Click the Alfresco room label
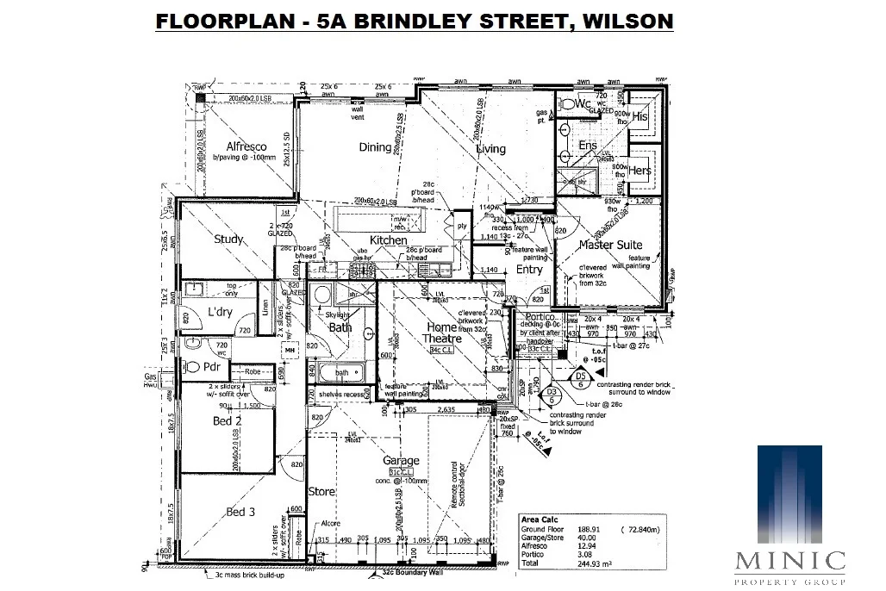click(246, 147)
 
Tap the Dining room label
click(375, 147)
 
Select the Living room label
click(491, 149)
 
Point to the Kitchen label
click(388, 240)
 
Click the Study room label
click(229, 240)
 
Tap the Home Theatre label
click(441, 333)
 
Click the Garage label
click(402, 461)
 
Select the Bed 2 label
click(228, 421)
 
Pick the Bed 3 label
click(240, 513)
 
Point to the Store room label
click(321, 492)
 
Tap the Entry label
click(529, 270)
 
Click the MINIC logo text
click(789, 561)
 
